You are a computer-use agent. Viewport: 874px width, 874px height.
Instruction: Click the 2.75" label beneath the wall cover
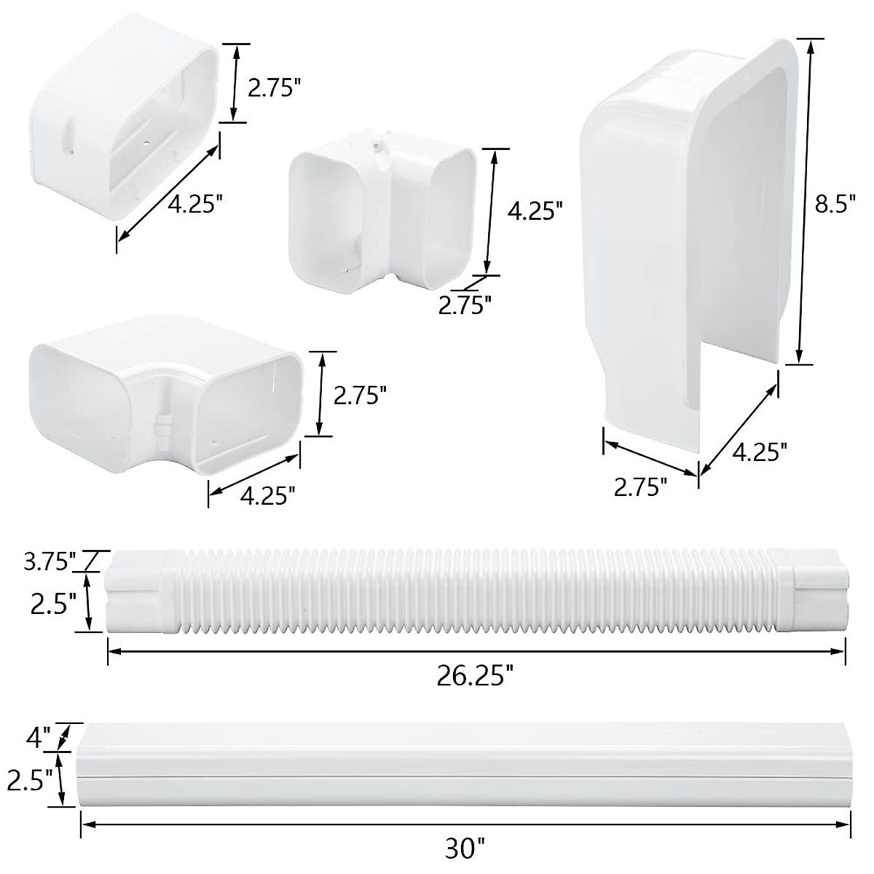pyautogui.click(x=640, y=487)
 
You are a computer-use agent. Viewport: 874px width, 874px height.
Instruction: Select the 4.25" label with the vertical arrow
pyautogui.click(x=535, y=211)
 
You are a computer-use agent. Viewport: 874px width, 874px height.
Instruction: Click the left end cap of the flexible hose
pyautogui.click(x=138, y=591)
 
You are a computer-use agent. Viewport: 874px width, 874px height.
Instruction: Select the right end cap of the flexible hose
pyautogui.click(x=816, y=591)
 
